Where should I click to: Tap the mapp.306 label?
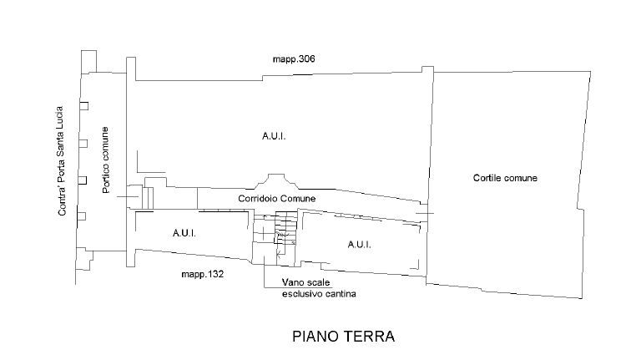pos(293,59)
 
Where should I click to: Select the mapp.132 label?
pos(201,273)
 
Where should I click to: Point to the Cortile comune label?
pos(504,178)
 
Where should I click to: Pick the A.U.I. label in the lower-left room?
pos(184,233)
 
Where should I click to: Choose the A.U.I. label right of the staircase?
pos(359,244)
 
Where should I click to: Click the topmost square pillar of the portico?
pos(83,105)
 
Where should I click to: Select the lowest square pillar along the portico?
pos(83,216)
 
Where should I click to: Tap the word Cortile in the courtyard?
pos(487,178)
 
